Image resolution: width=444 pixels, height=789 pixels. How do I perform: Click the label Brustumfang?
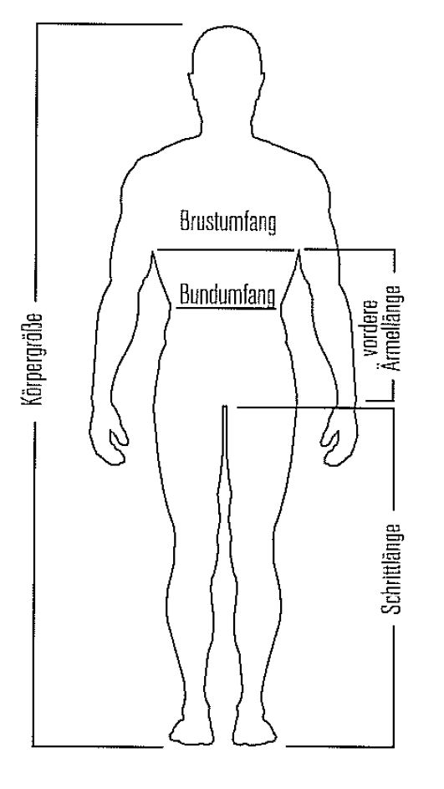tap(227, 223)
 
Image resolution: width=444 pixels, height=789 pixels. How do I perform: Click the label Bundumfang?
tap(227, 295)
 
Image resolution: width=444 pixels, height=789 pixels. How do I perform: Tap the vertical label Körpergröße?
tap(31, 360)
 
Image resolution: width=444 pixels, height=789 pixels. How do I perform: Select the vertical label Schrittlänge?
tap(391, 569)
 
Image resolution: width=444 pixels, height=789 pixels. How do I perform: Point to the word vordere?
tap(372, 329)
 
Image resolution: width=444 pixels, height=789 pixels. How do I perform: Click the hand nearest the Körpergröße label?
tap(109, 437)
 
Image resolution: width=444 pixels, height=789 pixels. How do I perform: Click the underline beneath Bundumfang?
tap(227, 307)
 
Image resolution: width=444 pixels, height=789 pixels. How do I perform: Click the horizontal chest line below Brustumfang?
tap(225, 249)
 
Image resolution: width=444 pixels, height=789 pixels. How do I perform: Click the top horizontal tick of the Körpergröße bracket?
tap(109, 23)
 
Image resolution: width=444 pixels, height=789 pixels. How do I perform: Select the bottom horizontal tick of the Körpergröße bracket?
tap(99, 745)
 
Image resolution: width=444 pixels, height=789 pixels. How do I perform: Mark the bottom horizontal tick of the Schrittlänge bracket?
tap(340, 745)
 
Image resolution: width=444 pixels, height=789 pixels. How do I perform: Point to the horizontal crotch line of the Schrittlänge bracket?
tap(315, 407)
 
